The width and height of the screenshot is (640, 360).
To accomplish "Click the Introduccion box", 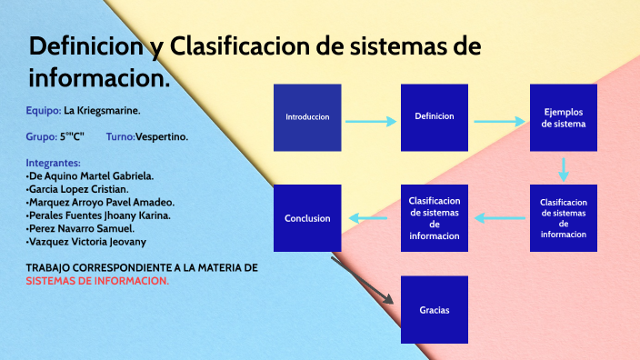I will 307,117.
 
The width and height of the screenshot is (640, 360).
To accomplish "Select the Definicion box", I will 435,117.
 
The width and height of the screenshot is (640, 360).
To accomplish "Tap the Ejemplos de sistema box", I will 564,117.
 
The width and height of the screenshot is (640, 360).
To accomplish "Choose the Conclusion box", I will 307,218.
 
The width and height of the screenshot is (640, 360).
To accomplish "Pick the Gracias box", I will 435,310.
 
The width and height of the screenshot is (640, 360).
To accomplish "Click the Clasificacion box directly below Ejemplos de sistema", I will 564,218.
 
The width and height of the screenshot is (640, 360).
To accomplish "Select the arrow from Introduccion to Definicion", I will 371,120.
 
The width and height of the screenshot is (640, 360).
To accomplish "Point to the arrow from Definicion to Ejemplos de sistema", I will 499,120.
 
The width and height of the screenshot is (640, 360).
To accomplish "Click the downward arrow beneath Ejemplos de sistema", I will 564,169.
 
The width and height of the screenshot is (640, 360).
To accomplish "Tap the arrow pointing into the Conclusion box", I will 371,218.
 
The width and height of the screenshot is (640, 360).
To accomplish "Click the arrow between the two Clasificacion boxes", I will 500,218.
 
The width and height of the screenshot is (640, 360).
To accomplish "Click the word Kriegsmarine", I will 108,111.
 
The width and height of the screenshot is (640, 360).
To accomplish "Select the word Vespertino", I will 162,136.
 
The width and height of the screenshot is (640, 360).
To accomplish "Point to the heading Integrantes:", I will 54,163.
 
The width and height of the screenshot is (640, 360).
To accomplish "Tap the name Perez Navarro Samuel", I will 83,229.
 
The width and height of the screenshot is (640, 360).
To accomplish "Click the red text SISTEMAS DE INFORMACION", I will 97,281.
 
